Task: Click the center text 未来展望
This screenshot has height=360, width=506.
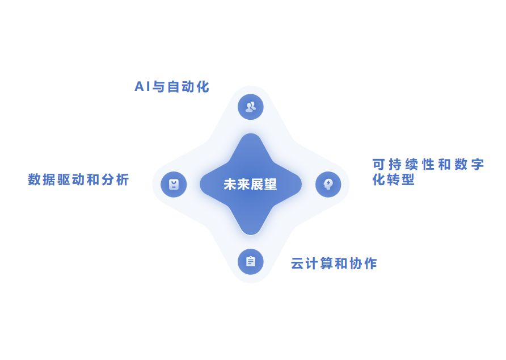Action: tap(250, 185)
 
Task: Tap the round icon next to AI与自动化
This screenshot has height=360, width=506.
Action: tap(250, 106)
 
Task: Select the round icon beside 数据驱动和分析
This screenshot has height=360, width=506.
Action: tap(174, 185)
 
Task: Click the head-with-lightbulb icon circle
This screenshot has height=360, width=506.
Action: tap(328, 184)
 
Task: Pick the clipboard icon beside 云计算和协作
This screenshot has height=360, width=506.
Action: tap(250, 262)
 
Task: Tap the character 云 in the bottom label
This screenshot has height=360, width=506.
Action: tap(297, 263)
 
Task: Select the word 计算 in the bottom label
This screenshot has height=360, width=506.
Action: tap(319, 263)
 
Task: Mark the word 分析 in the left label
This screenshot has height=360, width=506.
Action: tap(115, 180)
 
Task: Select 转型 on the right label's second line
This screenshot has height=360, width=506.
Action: tap(401, 181)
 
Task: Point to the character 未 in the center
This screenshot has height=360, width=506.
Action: tap(230, 185)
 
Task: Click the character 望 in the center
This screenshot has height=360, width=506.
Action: tap(271, 185)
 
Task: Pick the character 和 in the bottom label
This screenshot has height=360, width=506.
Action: tap(341, 263)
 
